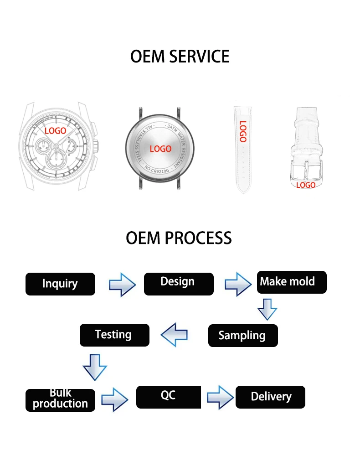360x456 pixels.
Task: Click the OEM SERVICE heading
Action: pyautogui.click(x=180, y=57)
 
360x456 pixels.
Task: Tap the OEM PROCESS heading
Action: pyautogui.click(x=179, y=238)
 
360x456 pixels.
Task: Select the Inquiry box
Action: pyautogui.click(x=60, y=284)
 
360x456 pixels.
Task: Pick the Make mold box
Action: pyautogui.click(x=292, y=282)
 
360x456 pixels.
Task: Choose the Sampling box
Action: pyautogui.click(x=243, y=336)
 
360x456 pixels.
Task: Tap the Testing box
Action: pyautogui.click(x=114, y=335)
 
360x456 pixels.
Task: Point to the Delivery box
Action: pyautogui.click(x=270, y=397)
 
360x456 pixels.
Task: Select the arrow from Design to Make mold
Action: pyautogui.click(x=238, y=284)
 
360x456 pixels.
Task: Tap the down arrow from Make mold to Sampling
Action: pyautogui.click(x=267, y=310)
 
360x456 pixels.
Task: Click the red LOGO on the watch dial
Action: pyautogui.click(x=55, y=131)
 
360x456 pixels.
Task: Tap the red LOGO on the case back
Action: pyautogui.click(x=160, y=149)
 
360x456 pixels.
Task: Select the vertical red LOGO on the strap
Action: pyautogui.click(x=242, y=131)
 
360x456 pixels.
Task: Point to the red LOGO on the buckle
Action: pyautogui.click(x=306, y=185)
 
